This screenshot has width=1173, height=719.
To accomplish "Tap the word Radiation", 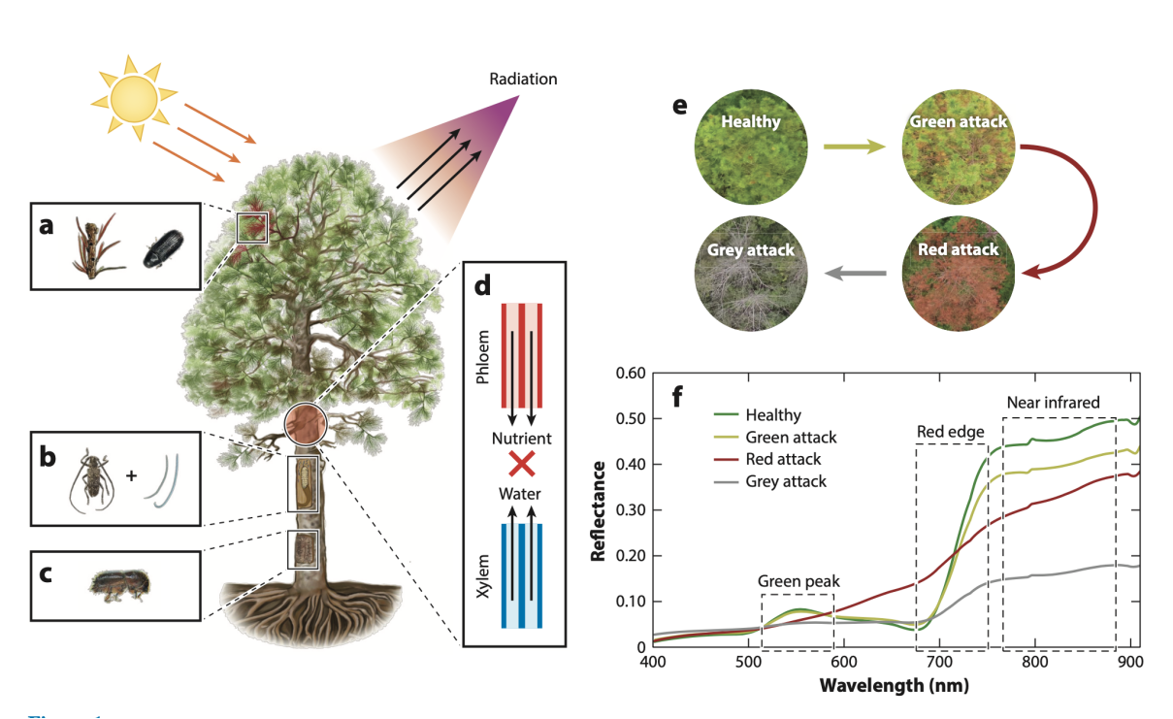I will point(523,79).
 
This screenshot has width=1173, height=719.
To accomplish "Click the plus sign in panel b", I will point(131,476).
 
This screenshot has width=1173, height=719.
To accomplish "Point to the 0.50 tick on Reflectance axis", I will point(633,419).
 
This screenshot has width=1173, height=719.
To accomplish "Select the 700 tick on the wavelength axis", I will point(938,662).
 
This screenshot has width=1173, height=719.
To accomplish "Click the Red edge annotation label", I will point(951,431).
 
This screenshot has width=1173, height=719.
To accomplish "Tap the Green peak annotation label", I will point(798,581).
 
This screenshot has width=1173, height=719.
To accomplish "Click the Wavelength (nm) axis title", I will point(894,686).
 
